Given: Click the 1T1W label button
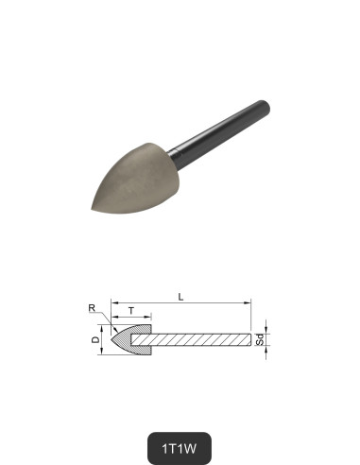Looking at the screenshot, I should pos(180,443).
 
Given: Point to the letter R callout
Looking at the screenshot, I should pos(92,308).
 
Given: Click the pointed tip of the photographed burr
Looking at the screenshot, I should pos(92,210).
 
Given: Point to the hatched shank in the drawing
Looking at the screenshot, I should pos(203,338).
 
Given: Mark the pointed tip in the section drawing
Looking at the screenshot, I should pos(111,338).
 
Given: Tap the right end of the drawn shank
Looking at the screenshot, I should pos(252,338).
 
